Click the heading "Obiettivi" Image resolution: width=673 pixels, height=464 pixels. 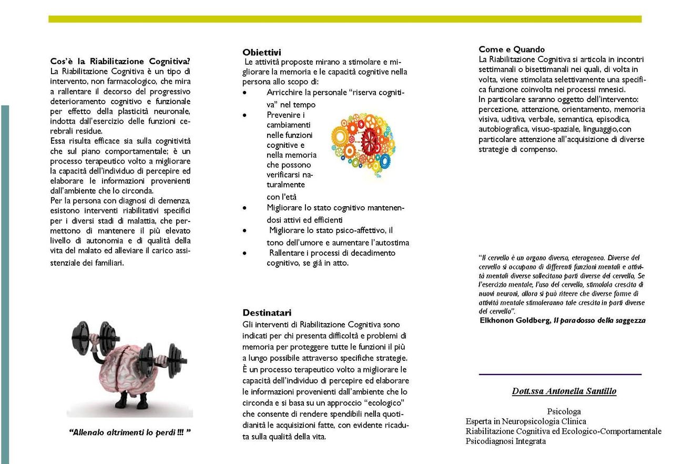point(262,52)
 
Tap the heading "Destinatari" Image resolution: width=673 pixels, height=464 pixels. point(267,312)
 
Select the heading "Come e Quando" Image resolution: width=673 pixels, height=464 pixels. point(512,49)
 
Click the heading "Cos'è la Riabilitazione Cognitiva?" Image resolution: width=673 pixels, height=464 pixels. point(120,60)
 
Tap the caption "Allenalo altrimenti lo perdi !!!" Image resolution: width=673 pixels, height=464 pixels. point(129,432)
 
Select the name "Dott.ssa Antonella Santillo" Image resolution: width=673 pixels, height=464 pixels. point(564,391)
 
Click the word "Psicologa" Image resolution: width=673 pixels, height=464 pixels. point(564,411)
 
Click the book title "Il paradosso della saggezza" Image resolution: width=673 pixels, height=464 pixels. point(599,320)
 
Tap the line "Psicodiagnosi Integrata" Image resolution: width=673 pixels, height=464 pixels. point(505,441)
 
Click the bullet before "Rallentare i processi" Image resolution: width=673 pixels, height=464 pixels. point(245,253)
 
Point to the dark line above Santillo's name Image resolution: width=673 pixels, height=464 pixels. point(560,374)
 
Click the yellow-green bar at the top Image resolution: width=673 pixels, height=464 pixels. point(345,19)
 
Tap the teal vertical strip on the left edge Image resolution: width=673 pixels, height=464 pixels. point(5,284)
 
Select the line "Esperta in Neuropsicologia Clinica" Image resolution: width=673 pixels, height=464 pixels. point(526,421)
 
